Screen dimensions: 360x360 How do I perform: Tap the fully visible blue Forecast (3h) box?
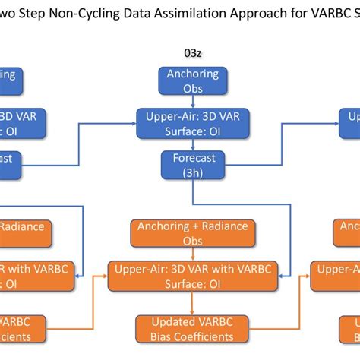click(193, 165)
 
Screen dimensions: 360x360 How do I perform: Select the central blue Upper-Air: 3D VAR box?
click(193, 122)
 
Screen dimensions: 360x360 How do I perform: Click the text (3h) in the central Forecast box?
click(193, 172)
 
